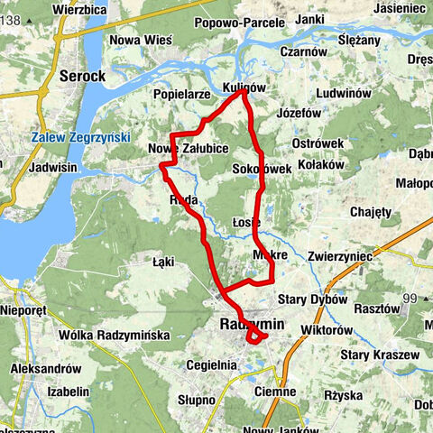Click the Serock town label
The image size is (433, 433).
(84, 77)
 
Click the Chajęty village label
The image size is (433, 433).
(372, 212)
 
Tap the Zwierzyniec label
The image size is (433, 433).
(339, 256)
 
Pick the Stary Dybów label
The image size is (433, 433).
(312, 299)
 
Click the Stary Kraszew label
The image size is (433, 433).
(379, 355)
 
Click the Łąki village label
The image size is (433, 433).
(163, 262)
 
